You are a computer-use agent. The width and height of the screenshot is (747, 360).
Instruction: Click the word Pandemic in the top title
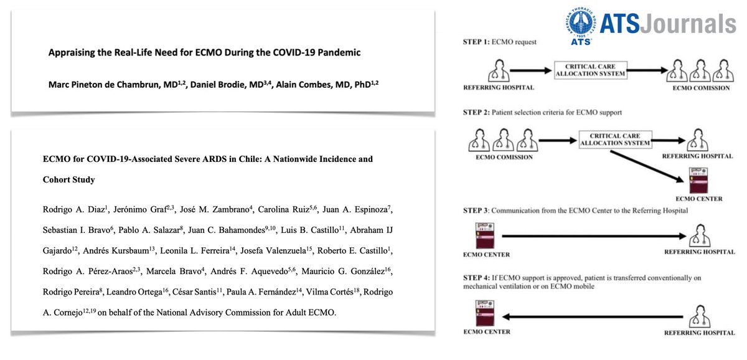337,52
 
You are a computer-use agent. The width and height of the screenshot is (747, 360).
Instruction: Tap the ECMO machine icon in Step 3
481,235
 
